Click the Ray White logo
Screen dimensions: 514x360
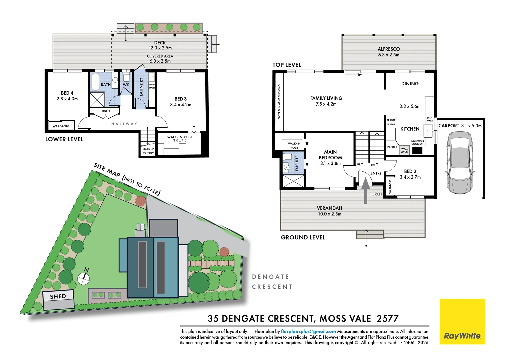(462, 321)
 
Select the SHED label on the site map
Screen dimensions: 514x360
(58, 296)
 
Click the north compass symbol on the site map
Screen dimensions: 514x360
(84, 277)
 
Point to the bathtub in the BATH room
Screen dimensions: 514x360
(95, 82)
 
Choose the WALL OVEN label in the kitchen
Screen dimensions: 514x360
(404, 150)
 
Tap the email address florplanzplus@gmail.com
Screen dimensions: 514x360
(308, 331)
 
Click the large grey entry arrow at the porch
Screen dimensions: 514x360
(365, 190)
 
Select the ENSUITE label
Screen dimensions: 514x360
(297, 163)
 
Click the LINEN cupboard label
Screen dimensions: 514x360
(106, 111)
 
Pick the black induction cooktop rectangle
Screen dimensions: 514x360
(417, 150)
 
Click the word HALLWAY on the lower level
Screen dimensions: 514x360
(124, 124)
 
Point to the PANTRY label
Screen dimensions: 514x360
(392, 147)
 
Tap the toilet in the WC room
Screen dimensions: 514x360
(126, 77)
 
